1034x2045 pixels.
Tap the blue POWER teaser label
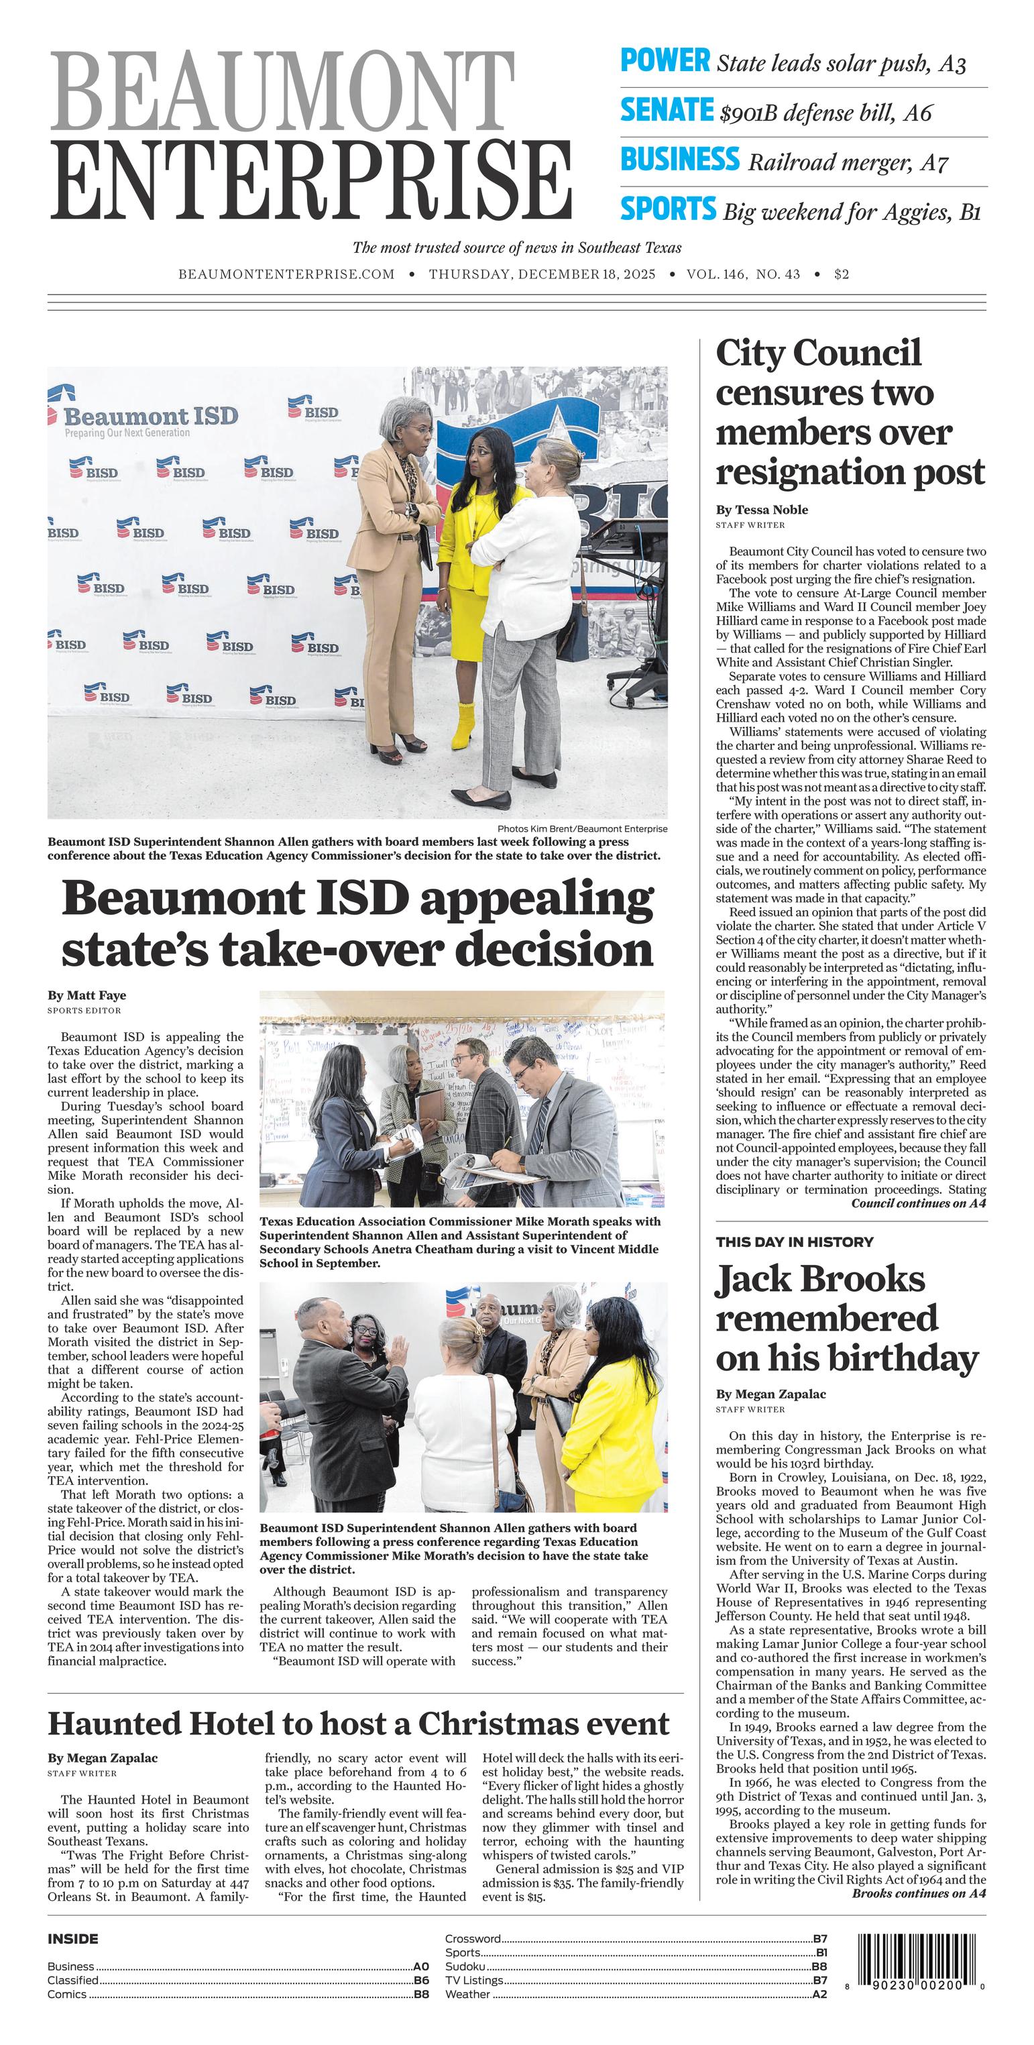(x=665, y=61)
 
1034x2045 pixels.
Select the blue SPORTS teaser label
(x=667, y=209)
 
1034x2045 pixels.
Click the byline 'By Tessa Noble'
(x=762, y=510)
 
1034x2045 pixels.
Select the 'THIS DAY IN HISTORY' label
(x=795, y=1241)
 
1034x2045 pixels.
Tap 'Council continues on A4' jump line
(x=918, y=1203)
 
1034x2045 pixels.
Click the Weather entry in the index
(x=467, y=1993)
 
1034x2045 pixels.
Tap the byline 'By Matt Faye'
(x=87, y=995)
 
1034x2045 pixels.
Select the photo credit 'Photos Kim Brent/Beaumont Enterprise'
(x=581, y=828)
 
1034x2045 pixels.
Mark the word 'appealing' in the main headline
(x=536, y=900)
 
